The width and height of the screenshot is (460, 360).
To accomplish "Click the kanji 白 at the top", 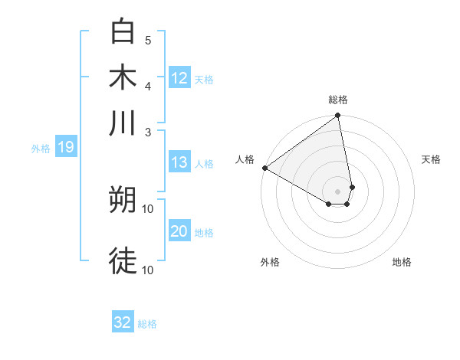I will click(x=123, y=33).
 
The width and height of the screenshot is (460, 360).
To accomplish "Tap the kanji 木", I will click(x=123, y=77).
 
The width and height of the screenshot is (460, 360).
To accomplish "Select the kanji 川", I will click(x=123, y=123).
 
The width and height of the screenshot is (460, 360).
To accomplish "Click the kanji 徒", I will click(x=123, y=261).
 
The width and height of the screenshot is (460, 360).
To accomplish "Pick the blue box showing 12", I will click(x=179, y=78).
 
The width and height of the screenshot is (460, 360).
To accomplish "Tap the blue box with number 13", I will click(x=179, y=162).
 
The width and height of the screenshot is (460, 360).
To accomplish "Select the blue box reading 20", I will click(x=179, y=231).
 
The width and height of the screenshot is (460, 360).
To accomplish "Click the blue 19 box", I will click(x=66, y=147).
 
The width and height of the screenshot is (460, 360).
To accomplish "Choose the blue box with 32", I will click(x=123, y=322).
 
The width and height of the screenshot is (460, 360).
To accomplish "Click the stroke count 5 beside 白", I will click(x=148, y=40).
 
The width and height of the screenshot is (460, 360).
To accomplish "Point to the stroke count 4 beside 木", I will click(x=148, y=85).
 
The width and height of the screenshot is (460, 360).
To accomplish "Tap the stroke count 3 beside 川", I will click(x=148, y=131).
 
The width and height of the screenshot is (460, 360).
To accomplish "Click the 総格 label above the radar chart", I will click(x=338, y=100).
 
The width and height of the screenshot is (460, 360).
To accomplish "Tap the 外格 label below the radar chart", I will click(x=270, y=263).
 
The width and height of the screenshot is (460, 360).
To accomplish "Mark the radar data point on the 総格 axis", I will click(x=337, y=116).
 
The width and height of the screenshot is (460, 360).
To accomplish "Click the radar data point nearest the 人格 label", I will click(x=264, y=168).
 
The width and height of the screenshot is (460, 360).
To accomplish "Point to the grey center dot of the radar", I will click(x=337, y=191).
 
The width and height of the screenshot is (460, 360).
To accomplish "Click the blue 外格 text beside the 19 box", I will click(x=41, y=149).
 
